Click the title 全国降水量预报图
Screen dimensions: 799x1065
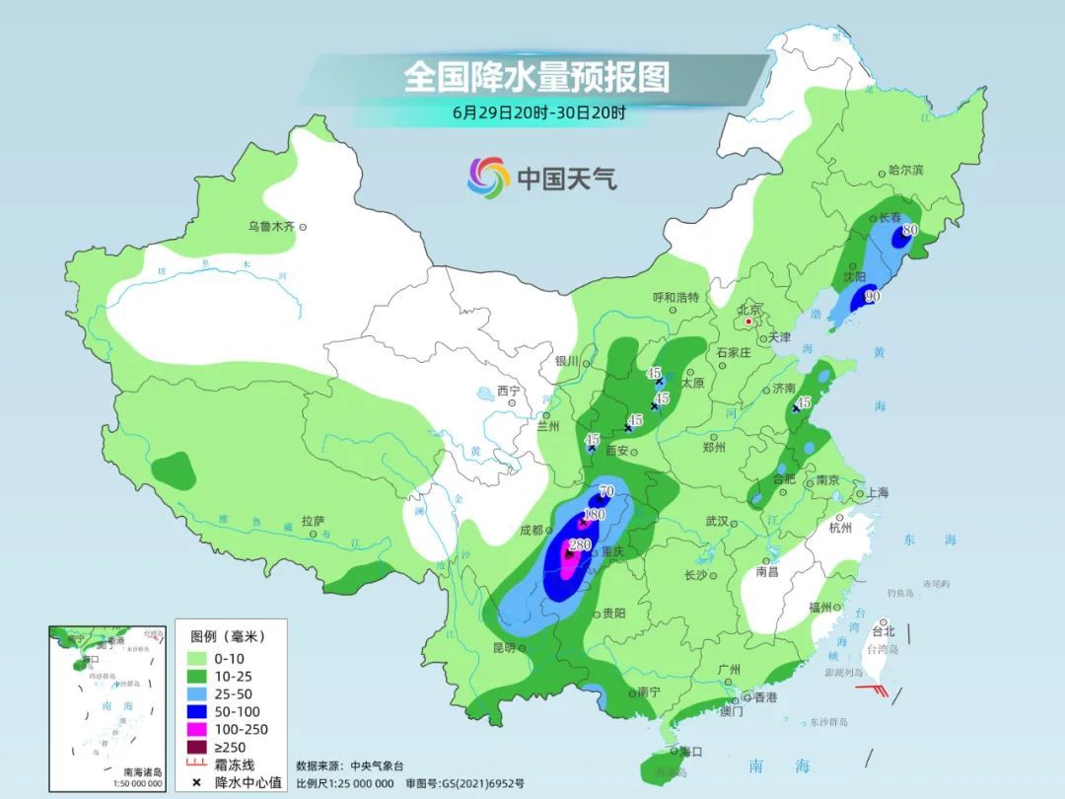tap(536, 77)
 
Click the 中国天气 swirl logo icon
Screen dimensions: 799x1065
tap(488, 178)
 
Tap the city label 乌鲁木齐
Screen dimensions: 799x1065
tap(271, 227)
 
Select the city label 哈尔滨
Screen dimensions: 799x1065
tap(905, 171)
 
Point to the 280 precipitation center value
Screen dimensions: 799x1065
tap(580, 545)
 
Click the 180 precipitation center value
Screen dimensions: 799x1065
tap(594, 515)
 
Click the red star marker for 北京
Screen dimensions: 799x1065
tap(749, 322)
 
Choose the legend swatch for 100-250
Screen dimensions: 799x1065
tap(195, 729)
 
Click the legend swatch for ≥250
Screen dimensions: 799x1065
tap(195, 747)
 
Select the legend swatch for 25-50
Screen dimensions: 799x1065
tap(195, 693)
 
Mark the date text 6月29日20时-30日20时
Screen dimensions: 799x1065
tap(538, 111)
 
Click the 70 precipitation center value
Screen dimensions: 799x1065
tap(606, 491)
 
